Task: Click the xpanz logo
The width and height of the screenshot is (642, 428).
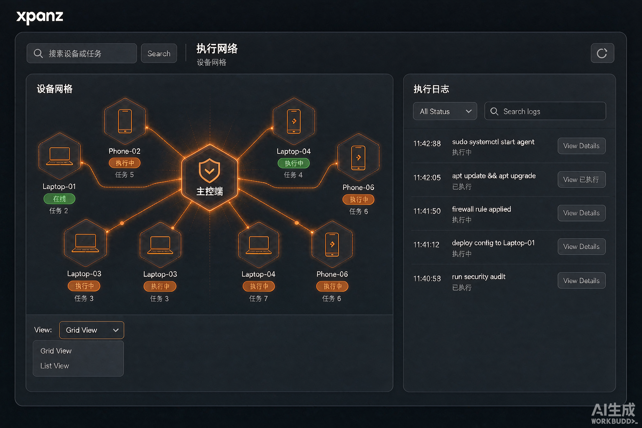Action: [x=40, y=17]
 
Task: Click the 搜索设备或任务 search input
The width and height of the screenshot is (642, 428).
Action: [x=82, y=53]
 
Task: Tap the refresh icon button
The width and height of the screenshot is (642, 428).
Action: [x=602, y=53]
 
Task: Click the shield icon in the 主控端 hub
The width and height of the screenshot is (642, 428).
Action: [x=209, y=171]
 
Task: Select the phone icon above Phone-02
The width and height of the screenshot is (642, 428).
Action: [x=125, y=121]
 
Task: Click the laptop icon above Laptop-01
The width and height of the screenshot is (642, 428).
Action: [x=60, y=156]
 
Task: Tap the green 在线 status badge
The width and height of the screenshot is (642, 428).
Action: [x=59, y=199]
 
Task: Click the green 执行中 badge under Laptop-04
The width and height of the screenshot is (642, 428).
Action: [x=294, y=163]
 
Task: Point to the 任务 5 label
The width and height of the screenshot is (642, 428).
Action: [x=124, y=175]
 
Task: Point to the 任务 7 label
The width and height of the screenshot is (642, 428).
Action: [x=258, y=298]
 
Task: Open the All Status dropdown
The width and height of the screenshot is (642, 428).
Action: [x=445, y=111]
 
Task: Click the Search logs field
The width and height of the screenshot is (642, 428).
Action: [x=545, y=111]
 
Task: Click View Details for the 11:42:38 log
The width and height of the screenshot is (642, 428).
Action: [x=581, y=146]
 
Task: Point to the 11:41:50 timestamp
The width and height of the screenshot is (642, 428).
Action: [x=427, y=211]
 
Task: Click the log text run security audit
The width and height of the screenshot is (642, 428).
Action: [x=479, y=277]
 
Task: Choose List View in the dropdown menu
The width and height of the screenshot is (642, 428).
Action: [x=55, y=366]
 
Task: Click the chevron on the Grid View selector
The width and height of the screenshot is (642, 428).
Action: [x=116, y=330]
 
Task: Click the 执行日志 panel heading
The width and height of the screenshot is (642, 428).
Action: [x=431, y=89]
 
